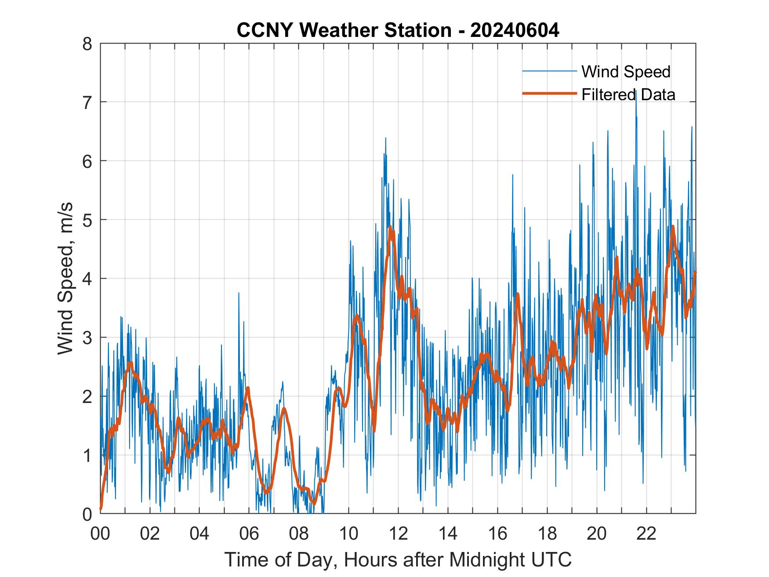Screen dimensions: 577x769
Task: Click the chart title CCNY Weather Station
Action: (344, 30)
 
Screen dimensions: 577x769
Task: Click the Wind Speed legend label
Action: (626, 72)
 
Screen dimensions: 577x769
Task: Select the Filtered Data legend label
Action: (628, 94)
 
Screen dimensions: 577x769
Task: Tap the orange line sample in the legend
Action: (549, 94)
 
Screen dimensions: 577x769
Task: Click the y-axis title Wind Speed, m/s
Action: (65, 279)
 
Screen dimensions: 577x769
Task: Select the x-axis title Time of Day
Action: (398, 560)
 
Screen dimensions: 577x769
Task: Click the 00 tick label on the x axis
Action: (101, 533)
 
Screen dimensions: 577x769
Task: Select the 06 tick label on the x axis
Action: (249, 533)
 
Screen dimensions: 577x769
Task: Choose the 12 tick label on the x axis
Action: (398, 533)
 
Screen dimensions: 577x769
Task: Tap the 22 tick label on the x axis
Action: (646, 533)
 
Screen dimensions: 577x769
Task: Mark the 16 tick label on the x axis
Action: (497, 533)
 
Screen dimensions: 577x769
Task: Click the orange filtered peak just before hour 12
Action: (390, 227)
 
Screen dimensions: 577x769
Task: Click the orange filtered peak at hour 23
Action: (673, 227)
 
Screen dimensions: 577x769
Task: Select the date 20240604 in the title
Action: (515, 30)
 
